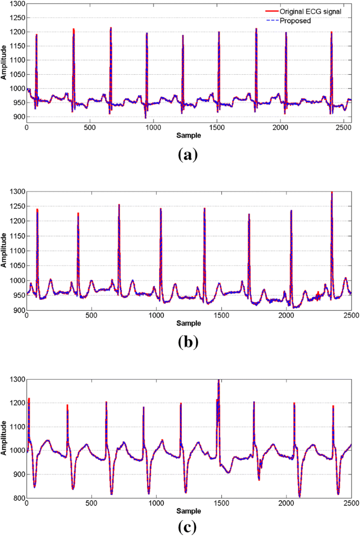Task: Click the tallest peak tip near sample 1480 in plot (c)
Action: click(x=218, y=380)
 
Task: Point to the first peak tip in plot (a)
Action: click(x=36, y=35)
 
